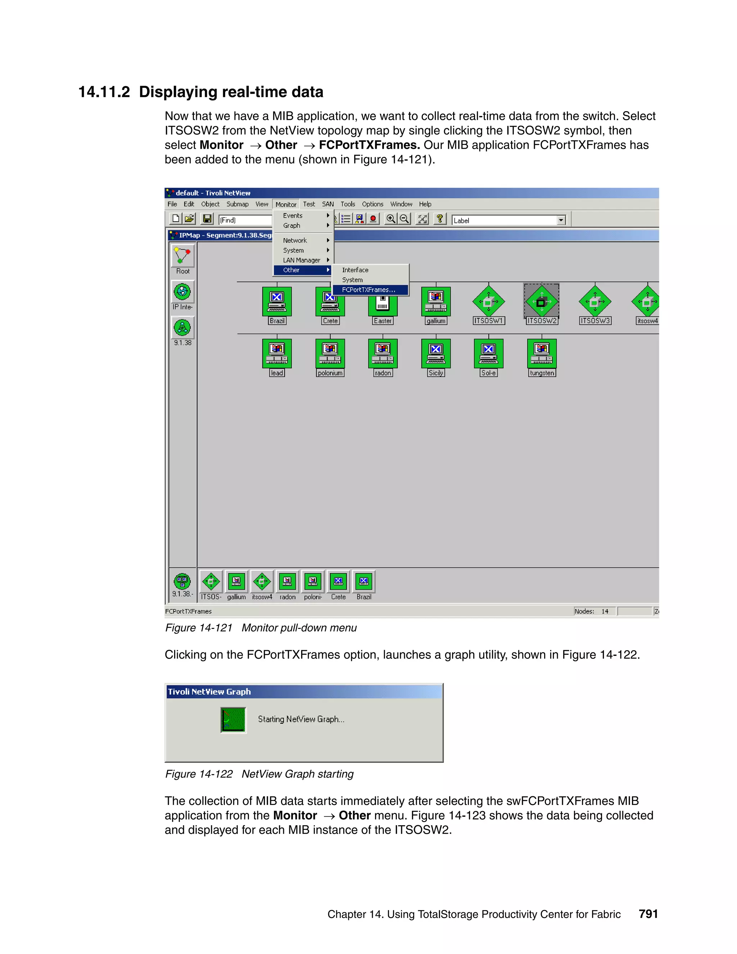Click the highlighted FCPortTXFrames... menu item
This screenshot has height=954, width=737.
tap(369, 289)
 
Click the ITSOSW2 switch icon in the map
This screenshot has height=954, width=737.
tap(541, 301)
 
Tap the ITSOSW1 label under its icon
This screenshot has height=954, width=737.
tap(489, 321)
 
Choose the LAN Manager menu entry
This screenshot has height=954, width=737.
tap(301, 260)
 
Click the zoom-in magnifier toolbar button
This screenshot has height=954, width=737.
tap(390, 219)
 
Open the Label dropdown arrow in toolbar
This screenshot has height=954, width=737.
tap(561, 221)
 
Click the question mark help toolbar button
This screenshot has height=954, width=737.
tap(440, 219)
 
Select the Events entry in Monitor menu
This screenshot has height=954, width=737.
tap(293, 215)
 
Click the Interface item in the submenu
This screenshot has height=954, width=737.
tap(355, 270)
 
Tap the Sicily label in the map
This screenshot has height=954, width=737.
tap(436, 373)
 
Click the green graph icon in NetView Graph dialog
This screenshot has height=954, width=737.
tap(233, 720)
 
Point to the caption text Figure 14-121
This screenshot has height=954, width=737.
tap(199, 628)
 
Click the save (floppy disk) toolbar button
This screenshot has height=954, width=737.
tap(207, 219)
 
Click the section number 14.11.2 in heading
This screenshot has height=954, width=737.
tap(104, 92)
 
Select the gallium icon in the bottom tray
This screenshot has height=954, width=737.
tap(236, 581)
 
